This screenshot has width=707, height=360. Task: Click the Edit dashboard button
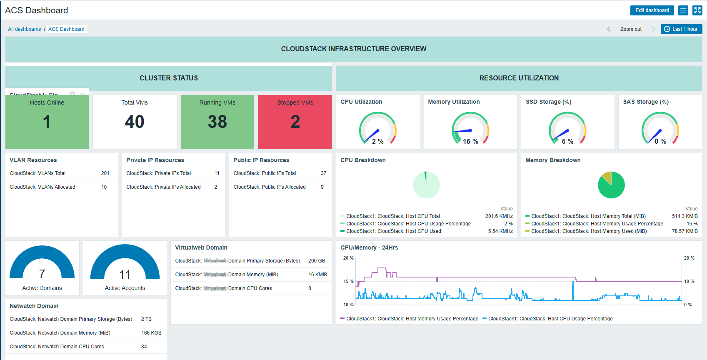(652, 10)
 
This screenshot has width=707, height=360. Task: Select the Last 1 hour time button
(681, 29)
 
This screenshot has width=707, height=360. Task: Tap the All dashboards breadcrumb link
(25, 29)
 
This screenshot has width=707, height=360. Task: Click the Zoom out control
(631, 29)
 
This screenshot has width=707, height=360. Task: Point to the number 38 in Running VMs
(217, 122)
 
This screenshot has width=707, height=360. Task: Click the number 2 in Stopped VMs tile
(295, 122)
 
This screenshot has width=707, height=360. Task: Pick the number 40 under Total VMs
(135, 122)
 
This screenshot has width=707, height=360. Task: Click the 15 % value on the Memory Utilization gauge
(470, 142)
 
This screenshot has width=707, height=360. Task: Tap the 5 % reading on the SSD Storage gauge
(567, 142)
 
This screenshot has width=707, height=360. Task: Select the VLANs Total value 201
(105, 173)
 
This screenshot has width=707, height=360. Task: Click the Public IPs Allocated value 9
(322, 187)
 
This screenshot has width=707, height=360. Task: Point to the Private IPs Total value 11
(217, 173)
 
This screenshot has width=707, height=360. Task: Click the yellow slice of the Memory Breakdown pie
(607, 177)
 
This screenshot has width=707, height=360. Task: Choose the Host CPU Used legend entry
(393, 231)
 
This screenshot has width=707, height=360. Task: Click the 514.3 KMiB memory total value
(685, 216)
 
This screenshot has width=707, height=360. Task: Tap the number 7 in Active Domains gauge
(42, 274)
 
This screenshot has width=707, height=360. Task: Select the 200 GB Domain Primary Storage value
(317, 261)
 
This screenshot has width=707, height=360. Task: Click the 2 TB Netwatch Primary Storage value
(146, 319)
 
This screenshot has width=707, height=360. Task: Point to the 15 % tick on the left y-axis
(348, 282)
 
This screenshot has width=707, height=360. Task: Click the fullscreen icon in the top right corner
(697, 10)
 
